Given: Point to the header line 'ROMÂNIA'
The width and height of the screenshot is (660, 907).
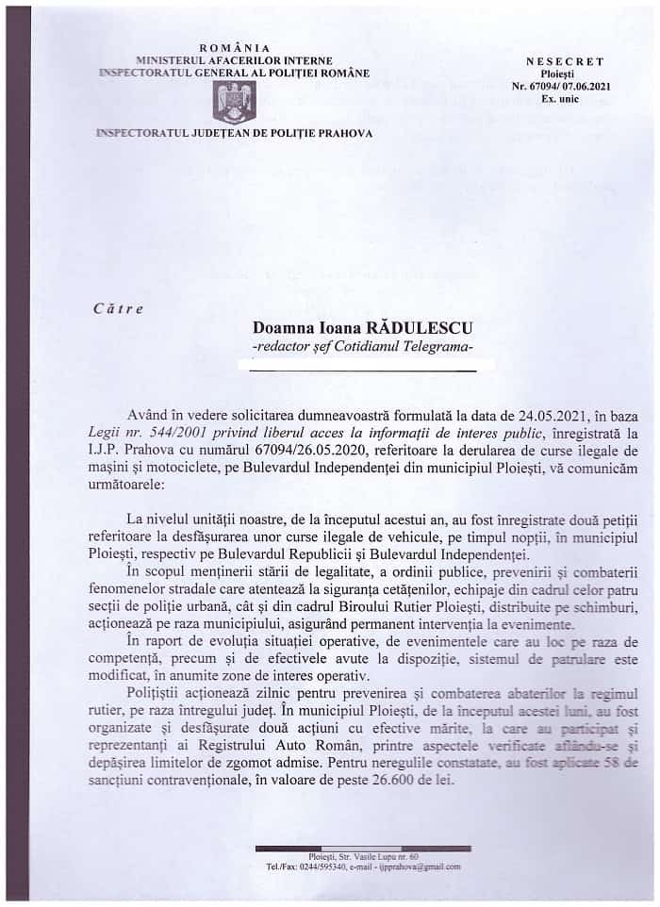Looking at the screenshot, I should (235, 47).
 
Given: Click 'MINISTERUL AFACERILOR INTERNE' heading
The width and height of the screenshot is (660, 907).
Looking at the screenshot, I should (235, 59).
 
